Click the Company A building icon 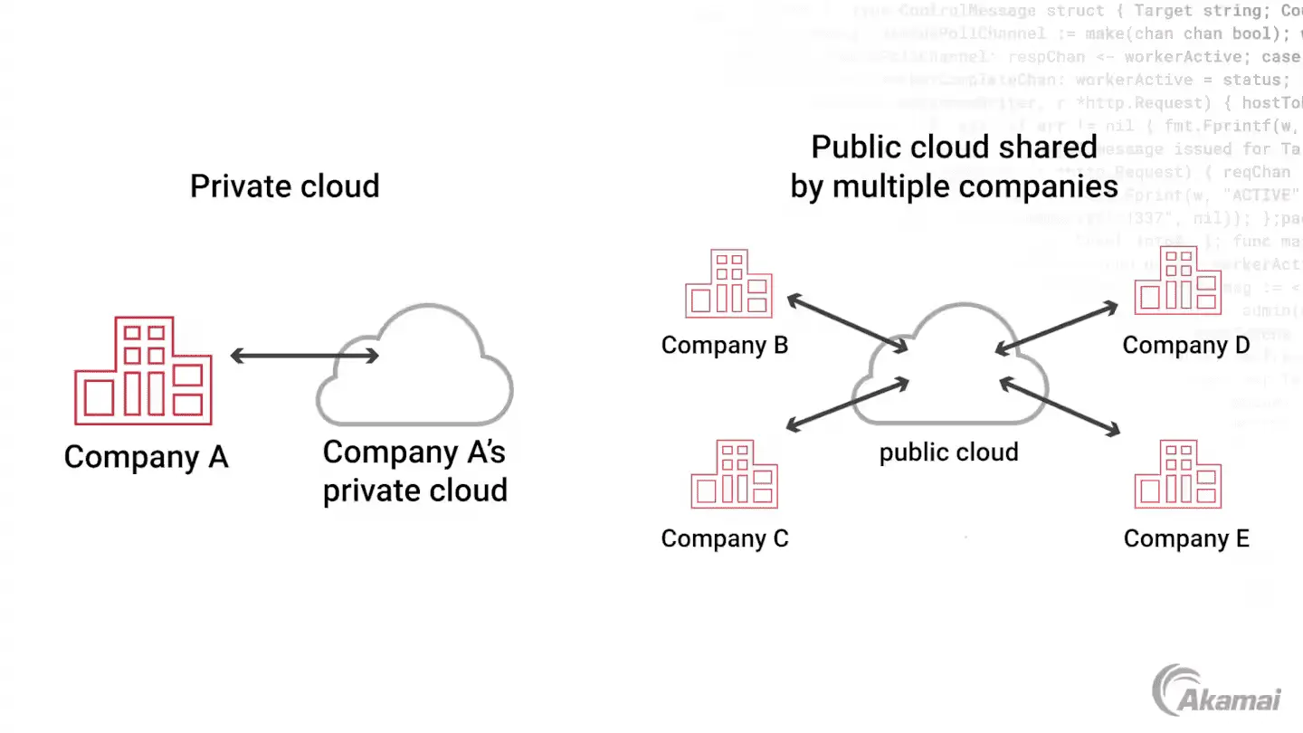143,371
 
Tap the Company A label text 146,457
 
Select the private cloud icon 414,371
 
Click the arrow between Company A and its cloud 304,356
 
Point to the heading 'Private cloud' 284,186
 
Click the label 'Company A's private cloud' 414,471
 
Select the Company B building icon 728,284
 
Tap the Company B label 724,346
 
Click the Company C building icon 734,474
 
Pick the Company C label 725,539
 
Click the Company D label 1185,346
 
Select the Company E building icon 1178,474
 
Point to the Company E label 1186,539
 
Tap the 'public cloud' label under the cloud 948,452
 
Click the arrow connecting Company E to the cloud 1060,406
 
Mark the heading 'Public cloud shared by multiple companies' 954,167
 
